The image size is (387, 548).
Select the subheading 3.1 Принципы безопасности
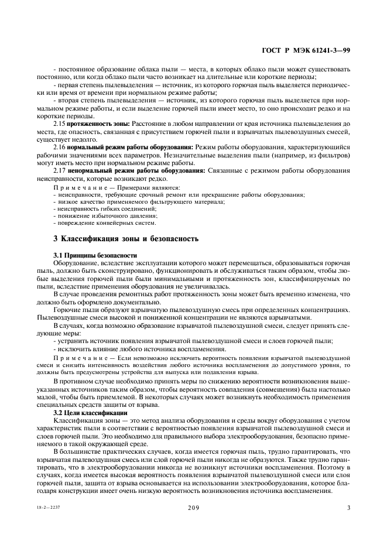coord(95,255)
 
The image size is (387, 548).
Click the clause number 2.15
coord(59,124)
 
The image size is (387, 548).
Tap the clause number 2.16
coord(59,147)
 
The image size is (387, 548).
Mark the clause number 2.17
coord(59,170)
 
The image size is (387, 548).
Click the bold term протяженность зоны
coord(98,124)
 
